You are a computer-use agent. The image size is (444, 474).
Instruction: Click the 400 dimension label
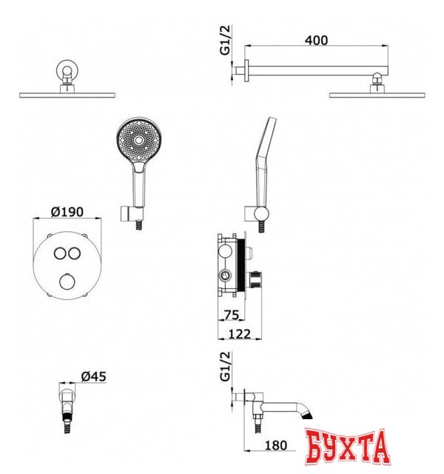[x=316, y=40]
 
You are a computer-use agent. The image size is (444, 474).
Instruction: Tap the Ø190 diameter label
[x=67, y=212]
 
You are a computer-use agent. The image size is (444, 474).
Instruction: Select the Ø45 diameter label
[x=94, y=376]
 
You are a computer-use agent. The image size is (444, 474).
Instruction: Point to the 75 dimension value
[x=232, y=315]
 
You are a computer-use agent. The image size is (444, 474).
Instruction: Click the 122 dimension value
[x=240, y=334]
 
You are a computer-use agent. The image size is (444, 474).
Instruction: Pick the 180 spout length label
[x=276, y=445]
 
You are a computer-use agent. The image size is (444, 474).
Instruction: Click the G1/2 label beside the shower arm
[x=225, y=40]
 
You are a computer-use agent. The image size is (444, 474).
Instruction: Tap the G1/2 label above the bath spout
[x=225, y=367]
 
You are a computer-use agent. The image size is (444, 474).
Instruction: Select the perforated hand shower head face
[x=139, y=140]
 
